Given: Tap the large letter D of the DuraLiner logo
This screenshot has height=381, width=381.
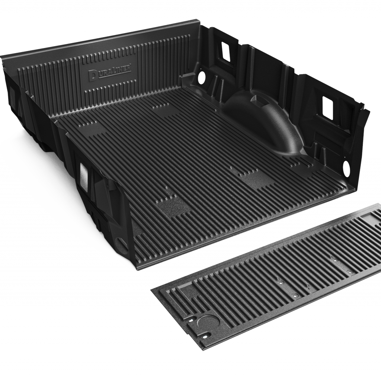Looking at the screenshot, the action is pyautogui.click(x=92, y=76).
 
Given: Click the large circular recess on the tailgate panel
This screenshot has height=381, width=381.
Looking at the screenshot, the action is pyautogui.click(x=208, y=321).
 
